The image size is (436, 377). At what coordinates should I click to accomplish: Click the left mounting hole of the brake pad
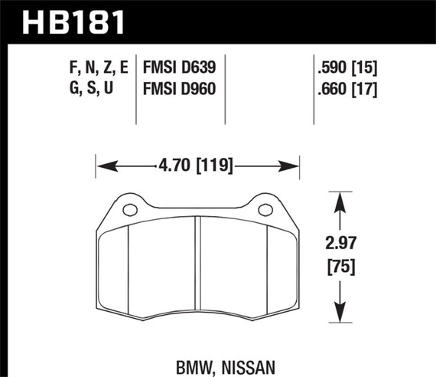[128, 209]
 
